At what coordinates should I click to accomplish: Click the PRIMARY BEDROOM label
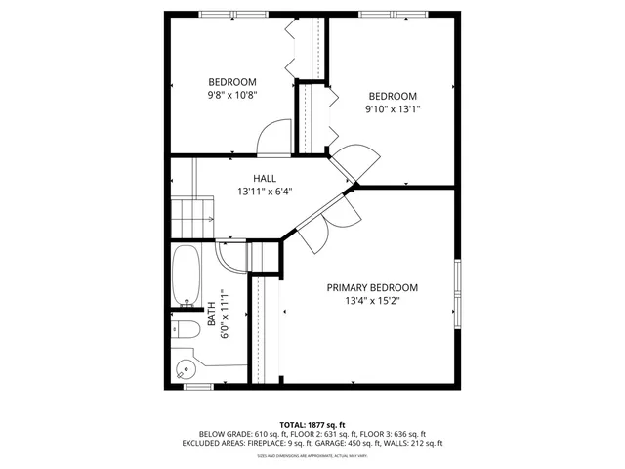(372, 287)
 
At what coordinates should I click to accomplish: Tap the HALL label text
(265, 179)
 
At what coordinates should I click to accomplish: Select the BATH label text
(212, 315)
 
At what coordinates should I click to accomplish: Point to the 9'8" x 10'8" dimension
(231, 95)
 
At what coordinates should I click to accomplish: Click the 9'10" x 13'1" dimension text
(392, 109)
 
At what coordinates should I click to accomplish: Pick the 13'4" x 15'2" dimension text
(372, 301)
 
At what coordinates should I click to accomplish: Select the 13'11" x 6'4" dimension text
(265, 192)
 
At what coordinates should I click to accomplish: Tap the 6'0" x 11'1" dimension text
(225, 315)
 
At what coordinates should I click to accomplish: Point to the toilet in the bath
(184, 327)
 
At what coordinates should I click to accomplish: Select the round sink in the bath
(185, 369)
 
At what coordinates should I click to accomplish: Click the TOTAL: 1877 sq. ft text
(312, 424)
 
